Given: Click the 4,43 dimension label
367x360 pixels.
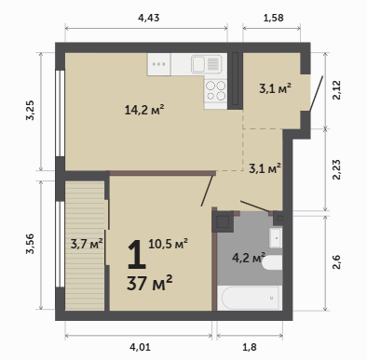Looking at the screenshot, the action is click(148, 18).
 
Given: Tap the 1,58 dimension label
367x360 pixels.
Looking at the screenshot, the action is click(273, 18).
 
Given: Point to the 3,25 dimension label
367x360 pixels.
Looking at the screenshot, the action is click(31, 110).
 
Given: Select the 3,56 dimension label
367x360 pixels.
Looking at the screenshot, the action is click(31, 244).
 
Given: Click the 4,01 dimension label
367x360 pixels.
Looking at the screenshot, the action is click(140, 347).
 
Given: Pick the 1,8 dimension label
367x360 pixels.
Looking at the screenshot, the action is click(250, 347).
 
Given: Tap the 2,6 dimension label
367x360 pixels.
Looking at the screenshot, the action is click(336, 262).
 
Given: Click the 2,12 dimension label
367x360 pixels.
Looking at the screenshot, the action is click(336, 90).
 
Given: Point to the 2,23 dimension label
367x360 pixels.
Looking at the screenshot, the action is click(336, 169).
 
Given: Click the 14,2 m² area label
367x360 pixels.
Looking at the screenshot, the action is click(144, 110).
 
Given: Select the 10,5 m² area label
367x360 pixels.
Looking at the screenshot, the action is click(168, 244).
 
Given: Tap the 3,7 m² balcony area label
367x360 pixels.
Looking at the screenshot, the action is click(87, 244).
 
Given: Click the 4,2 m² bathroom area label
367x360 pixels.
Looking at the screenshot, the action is click(249, 258).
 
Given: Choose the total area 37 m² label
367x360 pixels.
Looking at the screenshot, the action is click(149, 283).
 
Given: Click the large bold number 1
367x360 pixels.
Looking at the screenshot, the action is click(137, 254).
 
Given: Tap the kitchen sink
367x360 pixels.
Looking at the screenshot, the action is click(207, 64).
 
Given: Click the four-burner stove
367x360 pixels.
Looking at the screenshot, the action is click(216, 90).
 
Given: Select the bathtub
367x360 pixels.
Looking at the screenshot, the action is click(250, 298).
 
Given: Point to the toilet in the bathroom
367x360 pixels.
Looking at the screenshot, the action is click(272, 263).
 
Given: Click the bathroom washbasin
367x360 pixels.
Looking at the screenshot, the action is click(276, 238).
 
